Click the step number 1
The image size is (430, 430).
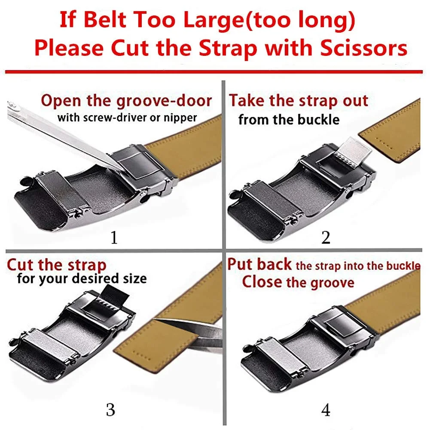114,238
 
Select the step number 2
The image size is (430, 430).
326,238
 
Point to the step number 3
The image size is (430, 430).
110,410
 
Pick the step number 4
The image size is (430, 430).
326,410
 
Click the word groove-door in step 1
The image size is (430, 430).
164,101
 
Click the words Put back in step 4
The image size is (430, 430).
259,264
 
